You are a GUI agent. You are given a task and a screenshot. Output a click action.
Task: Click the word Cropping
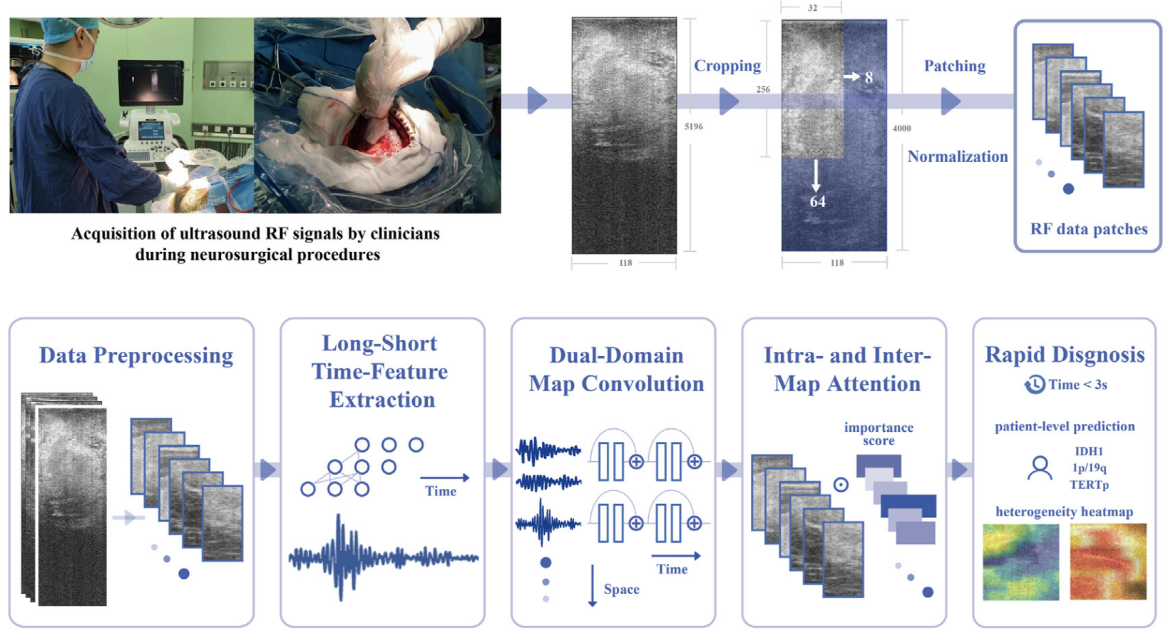coord(727,66)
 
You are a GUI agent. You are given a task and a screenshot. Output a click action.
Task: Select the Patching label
coord(954,66)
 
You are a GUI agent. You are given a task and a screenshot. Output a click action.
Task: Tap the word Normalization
coord(957,156)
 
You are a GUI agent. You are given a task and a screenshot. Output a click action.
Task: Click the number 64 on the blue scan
coord(817,202)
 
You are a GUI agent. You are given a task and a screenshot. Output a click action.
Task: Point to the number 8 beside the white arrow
coord(869,77)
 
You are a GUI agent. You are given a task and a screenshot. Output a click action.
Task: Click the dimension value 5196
coord(693,126)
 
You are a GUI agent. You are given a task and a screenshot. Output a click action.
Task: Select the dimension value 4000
coord(901,128)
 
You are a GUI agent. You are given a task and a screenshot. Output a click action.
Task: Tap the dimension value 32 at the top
coord(812,8)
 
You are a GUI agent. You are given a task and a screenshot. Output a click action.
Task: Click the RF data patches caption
coord(1088,229)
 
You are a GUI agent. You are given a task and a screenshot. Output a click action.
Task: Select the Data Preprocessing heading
coord(135,355)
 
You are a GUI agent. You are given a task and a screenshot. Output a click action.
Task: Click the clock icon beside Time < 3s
coord(1035,385)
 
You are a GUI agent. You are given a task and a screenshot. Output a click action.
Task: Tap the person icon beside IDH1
coord(1040,468)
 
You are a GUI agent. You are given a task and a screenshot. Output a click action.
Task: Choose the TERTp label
coord(1089,485)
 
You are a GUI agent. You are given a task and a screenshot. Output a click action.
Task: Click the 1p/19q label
coord(1089,468)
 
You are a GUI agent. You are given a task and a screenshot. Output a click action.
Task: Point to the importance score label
coord(878,434)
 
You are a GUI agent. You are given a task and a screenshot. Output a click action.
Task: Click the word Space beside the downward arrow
coord(621,589)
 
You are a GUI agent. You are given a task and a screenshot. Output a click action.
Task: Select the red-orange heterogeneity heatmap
coord(1108,562)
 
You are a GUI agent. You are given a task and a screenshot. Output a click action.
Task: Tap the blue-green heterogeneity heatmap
coord(1020,562)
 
